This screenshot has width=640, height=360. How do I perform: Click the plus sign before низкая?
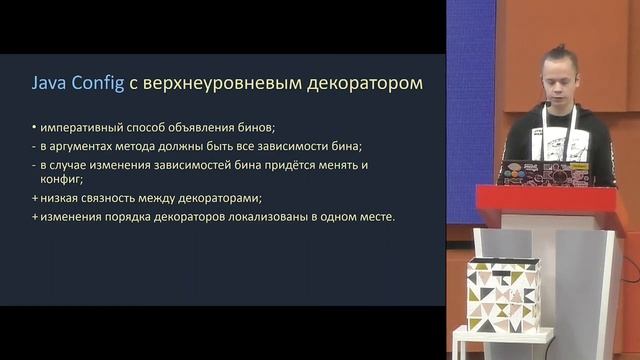[x=33, y=198]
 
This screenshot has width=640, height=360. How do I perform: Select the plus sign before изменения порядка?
[x=33, y=216]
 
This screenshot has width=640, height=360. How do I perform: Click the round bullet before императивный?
[x=33, y=127]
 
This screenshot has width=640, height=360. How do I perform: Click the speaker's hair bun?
[x=556, y=49]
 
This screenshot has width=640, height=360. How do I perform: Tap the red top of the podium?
[x=545, y=197]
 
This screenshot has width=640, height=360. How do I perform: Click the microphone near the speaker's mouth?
[x=548, y=101]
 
